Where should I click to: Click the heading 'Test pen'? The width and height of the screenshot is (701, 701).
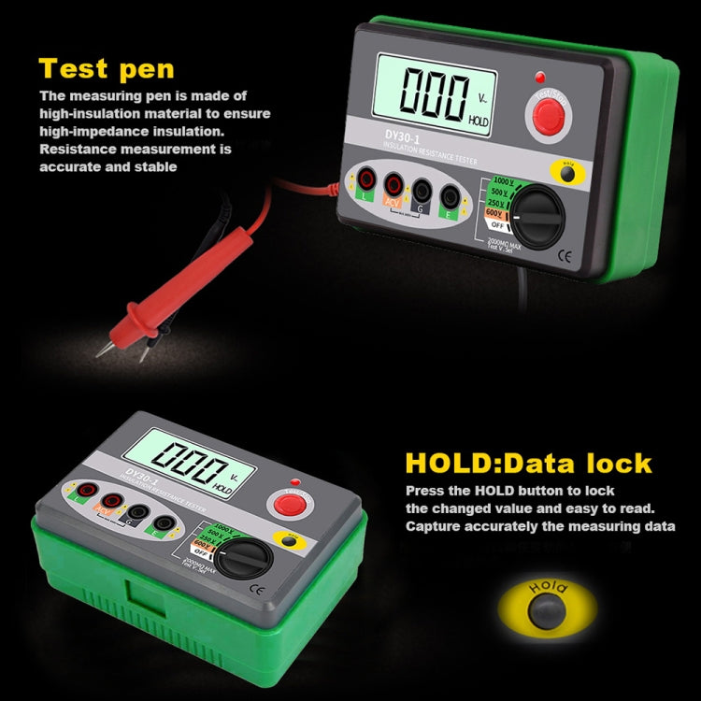coord(107,68)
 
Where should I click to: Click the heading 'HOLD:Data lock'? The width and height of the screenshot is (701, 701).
coord(528,464)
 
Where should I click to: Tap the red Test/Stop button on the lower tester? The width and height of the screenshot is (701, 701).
coord(292,506)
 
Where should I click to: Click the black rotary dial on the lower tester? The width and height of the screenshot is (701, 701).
coord(244,558)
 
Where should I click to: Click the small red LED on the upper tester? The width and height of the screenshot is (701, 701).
coord(540,77)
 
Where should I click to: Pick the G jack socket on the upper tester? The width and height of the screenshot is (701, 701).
coord(422,191)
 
